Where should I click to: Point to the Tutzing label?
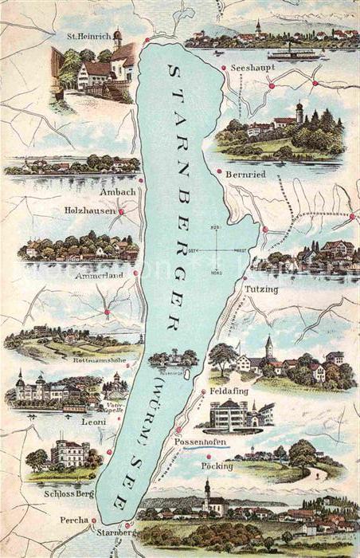(261, 289)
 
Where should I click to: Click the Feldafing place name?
(229, 392)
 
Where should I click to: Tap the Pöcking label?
(217, 466)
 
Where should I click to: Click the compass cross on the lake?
(216, 250)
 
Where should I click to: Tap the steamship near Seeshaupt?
(292, 54)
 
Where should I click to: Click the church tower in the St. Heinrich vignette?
(117, 38)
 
